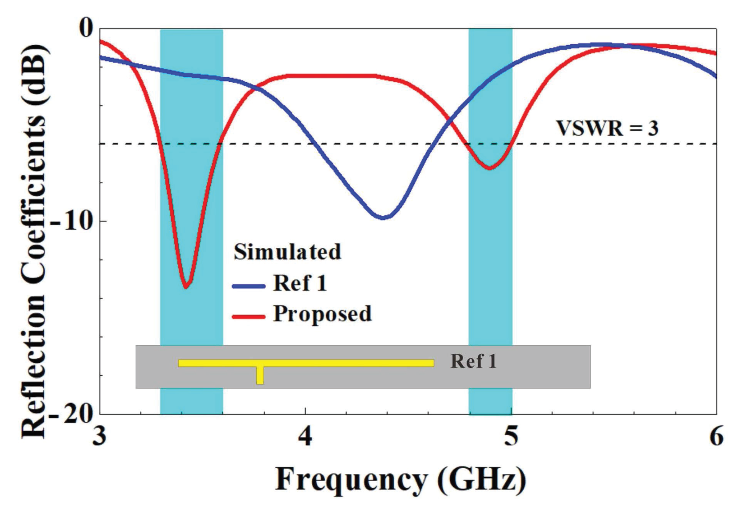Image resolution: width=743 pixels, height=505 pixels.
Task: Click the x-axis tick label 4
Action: tap(305, 437)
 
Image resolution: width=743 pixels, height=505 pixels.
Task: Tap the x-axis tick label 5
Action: tap(511, 437)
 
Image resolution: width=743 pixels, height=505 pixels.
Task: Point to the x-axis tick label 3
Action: tap(100, 437)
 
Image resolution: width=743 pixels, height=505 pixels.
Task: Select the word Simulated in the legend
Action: tap(287, 252)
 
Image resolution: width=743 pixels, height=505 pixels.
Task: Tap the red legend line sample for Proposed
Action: tap(248, 316)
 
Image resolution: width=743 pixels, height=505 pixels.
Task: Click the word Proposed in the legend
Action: tap(322, 314)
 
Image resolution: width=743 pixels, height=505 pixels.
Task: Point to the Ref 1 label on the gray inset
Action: tap(473, 361)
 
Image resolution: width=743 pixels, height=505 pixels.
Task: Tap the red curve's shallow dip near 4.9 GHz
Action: tap(490, 168)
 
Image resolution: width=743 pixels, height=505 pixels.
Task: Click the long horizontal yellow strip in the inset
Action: tap(306, 363)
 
